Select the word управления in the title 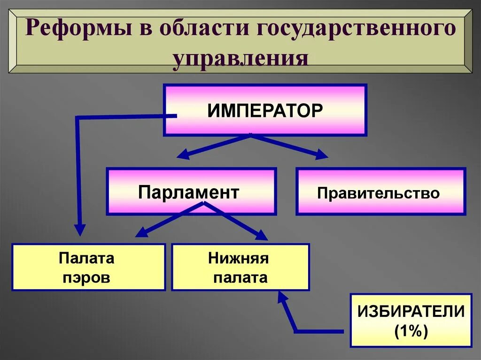[x=240, y=60]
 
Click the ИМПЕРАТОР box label [x=265, y=110]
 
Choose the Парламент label [x=189, y=192]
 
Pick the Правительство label [x=378, y=193]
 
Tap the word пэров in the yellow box [x=87, y=277]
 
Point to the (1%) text [x=411, y=331]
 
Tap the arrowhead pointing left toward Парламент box [x=182, y=154]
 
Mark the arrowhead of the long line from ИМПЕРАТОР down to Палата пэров [x=80, y=230]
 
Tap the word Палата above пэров [x=87, y=258]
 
